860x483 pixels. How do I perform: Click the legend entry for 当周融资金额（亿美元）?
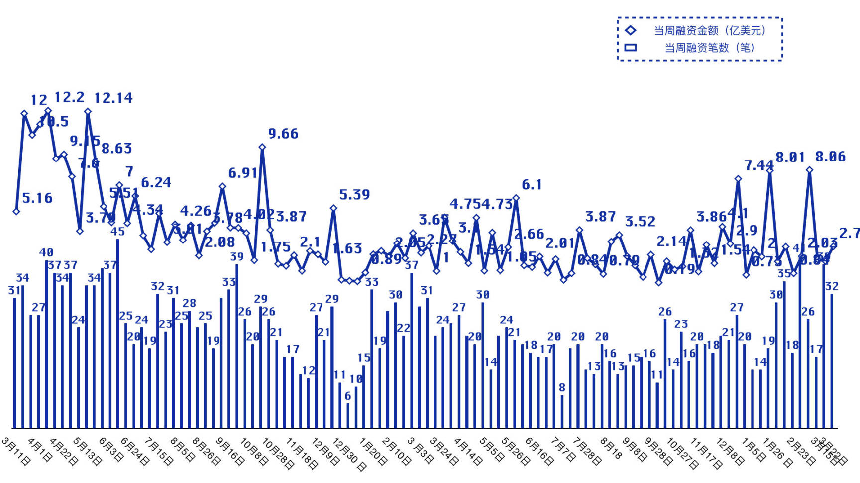point(710,31)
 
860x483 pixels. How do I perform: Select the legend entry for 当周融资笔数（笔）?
point(710,48)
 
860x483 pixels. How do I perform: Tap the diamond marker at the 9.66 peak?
point(262,147)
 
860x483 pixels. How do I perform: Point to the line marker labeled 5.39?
point(333,208)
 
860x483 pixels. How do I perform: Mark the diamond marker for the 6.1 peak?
point(516,198)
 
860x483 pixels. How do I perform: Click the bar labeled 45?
point(118,333)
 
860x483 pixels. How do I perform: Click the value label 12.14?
point(113,98)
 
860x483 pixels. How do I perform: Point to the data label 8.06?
point(830,157)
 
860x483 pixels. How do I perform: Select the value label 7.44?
point(758,165)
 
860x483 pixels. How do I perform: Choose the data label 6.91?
point(243,173)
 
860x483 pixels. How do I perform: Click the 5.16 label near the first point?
point(37,198)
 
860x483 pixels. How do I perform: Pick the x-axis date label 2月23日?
point(801,451)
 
